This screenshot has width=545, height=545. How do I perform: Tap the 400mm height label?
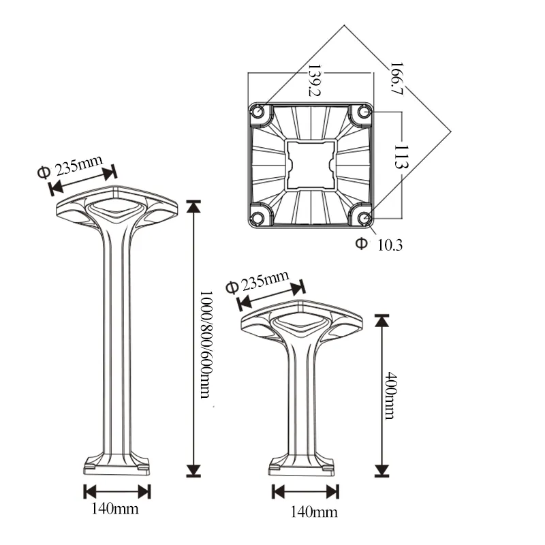(x=390, y=395)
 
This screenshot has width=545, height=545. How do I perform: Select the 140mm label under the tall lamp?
(x=116, y=508)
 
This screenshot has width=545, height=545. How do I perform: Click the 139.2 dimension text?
(x=314, y=80)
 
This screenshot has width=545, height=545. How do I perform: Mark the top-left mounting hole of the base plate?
(x=260, y=112)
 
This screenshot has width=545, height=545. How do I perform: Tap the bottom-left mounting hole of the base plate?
(x=259, y=217)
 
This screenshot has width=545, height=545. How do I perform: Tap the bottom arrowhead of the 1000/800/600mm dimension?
(x=195, y=469)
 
